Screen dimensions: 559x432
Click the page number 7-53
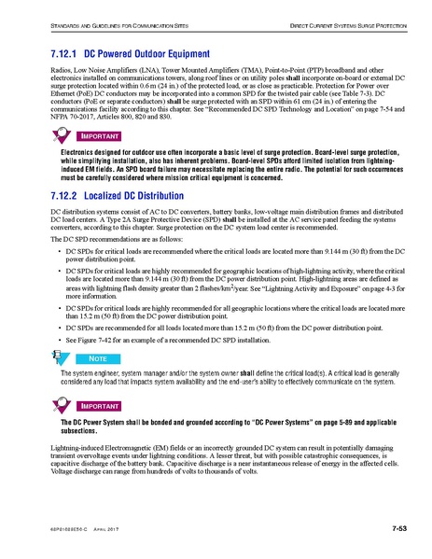click(x=394, y=531)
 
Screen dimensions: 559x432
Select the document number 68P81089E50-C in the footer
click(x=63, y=532)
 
